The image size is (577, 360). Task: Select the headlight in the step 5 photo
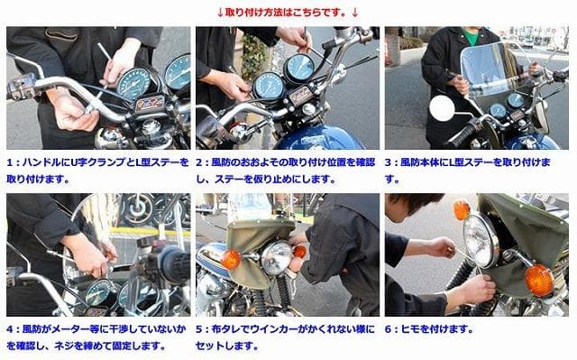point(276,258)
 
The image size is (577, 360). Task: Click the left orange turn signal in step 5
point(231,259)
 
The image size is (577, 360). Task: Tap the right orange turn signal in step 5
point(299,252)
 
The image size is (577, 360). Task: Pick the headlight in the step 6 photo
point(481,241)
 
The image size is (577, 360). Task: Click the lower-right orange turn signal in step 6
point(538,280)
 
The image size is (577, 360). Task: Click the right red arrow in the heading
point(354,12)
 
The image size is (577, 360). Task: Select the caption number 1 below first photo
point(10,162)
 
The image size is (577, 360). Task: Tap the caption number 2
point(200,162)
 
